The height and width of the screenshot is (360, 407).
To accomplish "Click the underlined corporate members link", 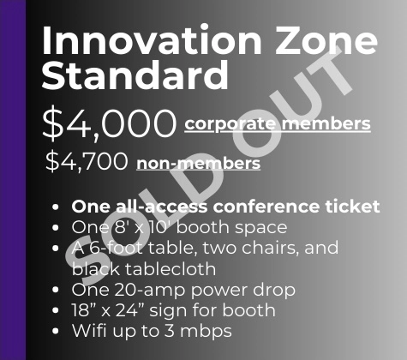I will coord(278,124).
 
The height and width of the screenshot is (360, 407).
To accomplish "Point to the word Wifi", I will coord(89,330).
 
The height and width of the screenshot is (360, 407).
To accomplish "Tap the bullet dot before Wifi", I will coord(57,331).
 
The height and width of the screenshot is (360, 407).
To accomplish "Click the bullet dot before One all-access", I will coord(57,207).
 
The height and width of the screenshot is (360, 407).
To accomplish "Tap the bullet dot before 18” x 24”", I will coord(57,310).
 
